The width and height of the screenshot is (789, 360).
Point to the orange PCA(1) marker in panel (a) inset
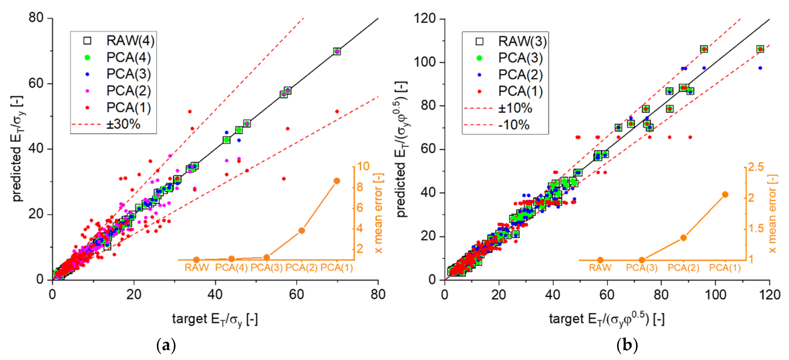coord(337,181)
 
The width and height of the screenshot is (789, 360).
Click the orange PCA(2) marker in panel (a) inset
coord(301,231)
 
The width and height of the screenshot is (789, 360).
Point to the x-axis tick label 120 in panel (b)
coord(769,294)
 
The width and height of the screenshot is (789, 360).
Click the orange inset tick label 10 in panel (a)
coord(363,166)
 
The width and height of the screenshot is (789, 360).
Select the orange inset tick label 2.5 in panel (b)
coord(756,167)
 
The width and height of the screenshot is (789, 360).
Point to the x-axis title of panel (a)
coord(215,319)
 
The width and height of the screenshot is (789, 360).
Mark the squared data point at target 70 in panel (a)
coord(337,51)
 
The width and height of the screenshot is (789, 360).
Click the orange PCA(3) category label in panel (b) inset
coord(642,268)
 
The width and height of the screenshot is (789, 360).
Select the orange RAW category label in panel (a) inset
coord(197,268)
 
